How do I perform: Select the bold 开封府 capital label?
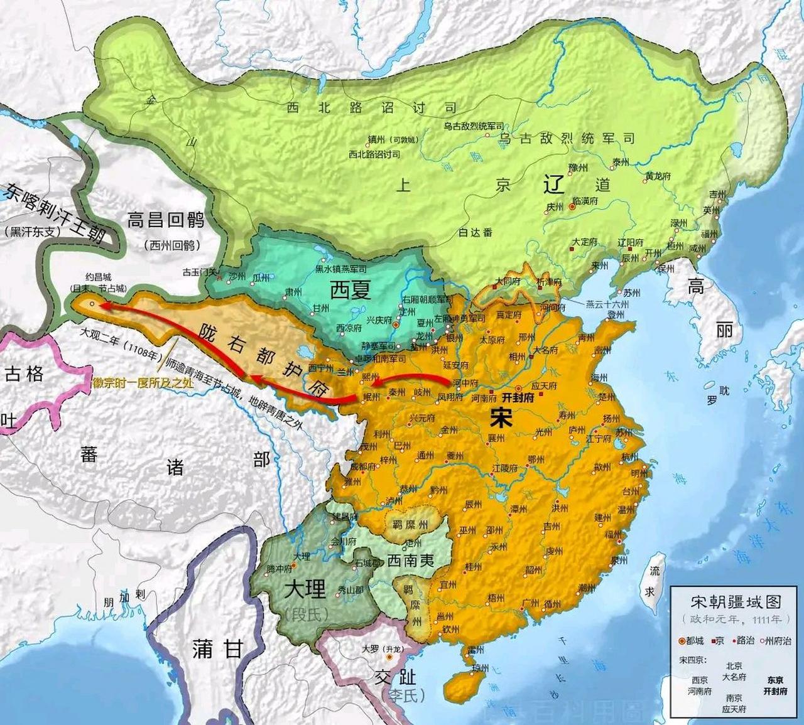(518, 397)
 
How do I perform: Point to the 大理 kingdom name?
(305, 589)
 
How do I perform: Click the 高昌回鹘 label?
(166, 220)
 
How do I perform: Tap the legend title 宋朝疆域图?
(736, 602)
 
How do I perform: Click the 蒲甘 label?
(217, 648)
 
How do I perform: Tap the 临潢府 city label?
(584, 201)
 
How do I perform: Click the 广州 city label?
(531, 603)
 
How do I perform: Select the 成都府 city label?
(362, 466)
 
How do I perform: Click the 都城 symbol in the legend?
(682, 641)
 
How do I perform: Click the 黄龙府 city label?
(658, 176)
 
